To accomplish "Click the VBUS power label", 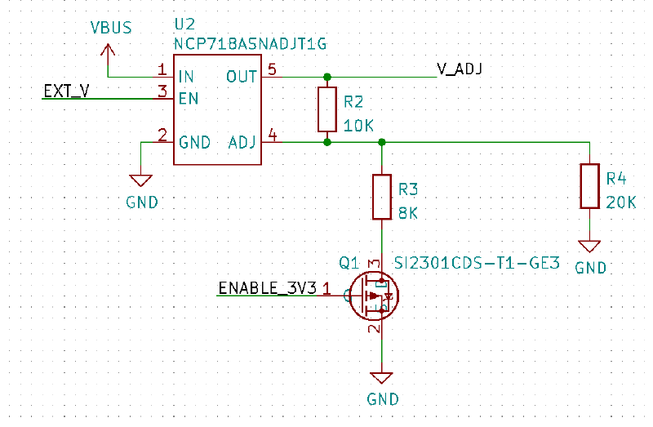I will (111, 29).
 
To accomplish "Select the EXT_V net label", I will (67, 91).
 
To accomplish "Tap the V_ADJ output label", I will (460, 69).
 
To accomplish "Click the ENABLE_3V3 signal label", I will (269, 287).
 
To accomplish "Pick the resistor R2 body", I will (326, 109).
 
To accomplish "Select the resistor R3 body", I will (382, 197).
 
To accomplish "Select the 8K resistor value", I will (408, 214).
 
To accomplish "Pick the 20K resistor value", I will (621, 202).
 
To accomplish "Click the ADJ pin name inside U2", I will (242, 142).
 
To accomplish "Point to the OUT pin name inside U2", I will (242, 77).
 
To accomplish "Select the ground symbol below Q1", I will (382, 378).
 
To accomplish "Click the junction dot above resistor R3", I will (382, 142).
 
